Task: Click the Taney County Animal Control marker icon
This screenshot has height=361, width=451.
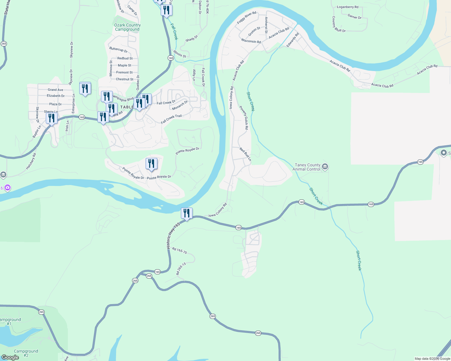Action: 325,167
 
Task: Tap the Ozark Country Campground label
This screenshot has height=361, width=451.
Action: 127,27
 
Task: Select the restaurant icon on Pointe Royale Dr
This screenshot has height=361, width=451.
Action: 151,164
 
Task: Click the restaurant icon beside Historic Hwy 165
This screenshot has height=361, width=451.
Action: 187,213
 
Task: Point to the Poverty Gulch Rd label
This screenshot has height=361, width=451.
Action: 244,117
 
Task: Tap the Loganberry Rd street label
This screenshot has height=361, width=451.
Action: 348,7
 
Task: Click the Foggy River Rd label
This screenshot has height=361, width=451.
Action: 247,18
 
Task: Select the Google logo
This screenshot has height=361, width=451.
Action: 10,357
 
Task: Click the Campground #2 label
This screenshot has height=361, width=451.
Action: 26,353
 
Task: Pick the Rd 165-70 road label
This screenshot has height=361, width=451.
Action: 179,250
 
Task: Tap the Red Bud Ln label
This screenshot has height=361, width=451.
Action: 245,154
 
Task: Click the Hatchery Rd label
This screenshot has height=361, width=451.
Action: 31,161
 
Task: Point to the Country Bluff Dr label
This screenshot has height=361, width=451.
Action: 338,25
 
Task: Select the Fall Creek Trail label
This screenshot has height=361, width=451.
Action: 171,119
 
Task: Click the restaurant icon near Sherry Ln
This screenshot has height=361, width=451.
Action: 52,118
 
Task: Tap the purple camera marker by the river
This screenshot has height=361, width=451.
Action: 8,188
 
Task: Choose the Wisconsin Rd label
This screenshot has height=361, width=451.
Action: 251,41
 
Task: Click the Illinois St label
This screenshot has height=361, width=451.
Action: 180,54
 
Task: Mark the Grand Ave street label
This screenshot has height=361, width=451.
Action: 55,90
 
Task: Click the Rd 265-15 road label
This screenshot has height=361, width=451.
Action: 181,269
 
